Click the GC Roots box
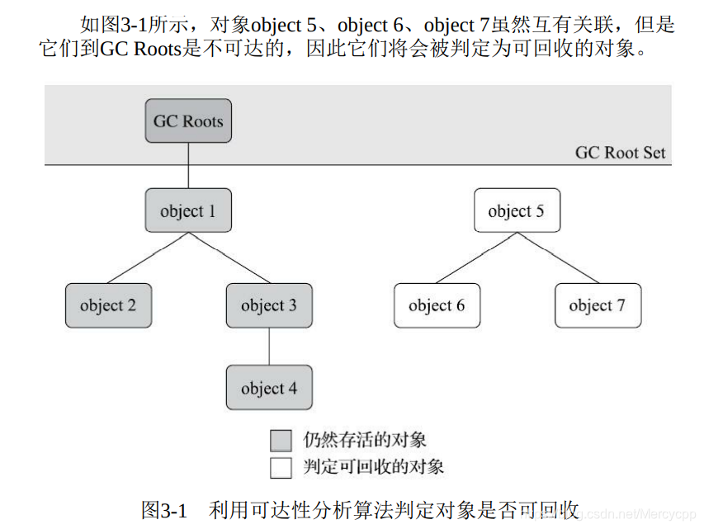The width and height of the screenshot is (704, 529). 188,121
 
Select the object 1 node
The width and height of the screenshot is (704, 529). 188,210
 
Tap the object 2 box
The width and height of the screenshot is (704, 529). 108,305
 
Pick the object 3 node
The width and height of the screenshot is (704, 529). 269,305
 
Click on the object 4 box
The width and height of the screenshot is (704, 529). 269,388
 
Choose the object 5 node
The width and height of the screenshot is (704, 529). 516,210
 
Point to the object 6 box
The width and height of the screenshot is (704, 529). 437,305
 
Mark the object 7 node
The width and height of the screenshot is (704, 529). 597,305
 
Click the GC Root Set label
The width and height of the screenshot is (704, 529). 620,153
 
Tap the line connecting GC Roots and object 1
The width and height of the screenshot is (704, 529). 188,167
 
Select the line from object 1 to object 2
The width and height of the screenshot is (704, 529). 149,257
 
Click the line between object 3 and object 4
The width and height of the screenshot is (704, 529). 269,347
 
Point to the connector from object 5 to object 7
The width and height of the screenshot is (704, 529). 556,257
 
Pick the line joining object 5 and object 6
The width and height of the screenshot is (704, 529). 476,257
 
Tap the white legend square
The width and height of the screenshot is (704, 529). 281,467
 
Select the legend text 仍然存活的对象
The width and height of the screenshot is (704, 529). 363,440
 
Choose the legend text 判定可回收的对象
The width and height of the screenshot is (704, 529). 372,467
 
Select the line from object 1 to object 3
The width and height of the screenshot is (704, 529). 229,257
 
